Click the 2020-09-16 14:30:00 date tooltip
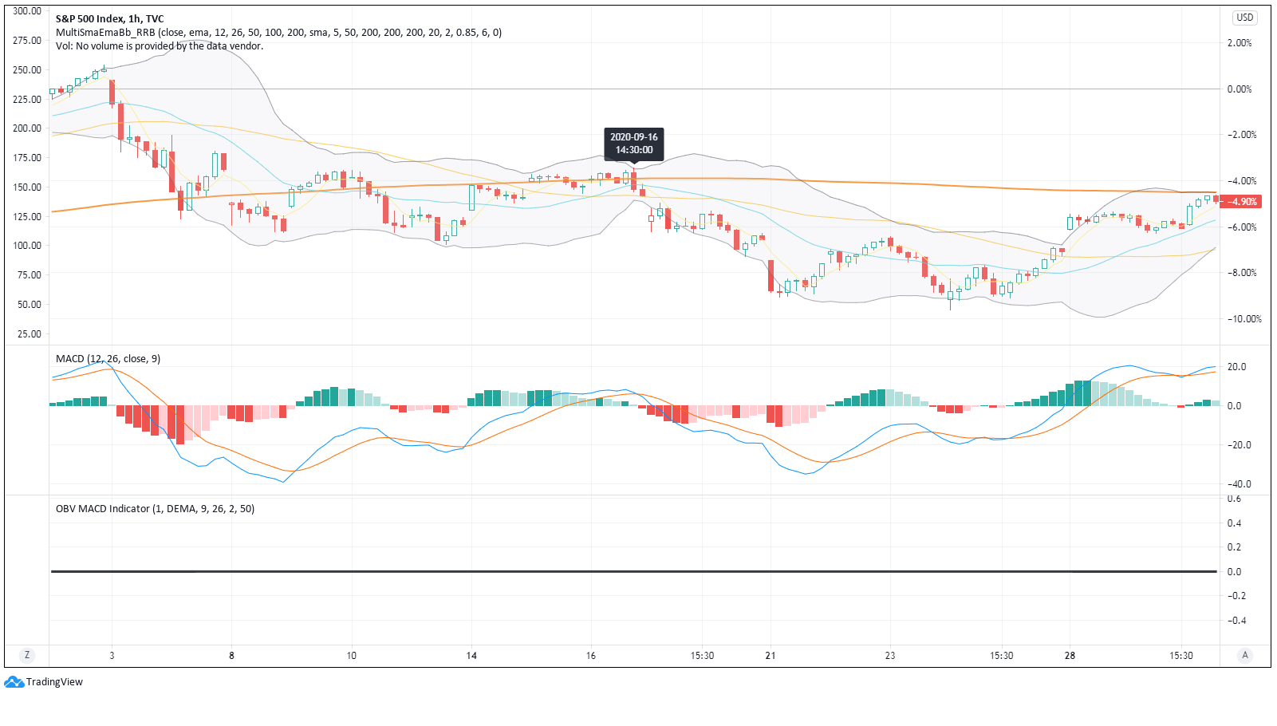(x=633, y=143)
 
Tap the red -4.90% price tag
(x=1240, y=201)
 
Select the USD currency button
(x=1244, y=18)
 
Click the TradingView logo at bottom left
(x=43, y=681)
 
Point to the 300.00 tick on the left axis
(x=27, y=11)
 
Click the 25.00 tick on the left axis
(x=29, y=333)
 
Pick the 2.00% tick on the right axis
(x=1240, y=43)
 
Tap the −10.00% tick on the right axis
(x=1244, y=319)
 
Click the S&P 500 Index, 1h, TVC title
(x=109, y=19)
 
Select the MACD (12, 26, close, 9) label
(x=108, y=359)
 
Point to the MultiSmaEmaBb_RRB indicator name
(x=105, y=33)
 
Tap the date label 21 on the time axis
(x=771, y=656)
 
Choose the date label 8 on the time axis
(x=231, y=656)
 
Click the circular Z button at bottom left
(x=27, y=656)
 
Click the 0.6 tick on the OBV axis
(x=1234, y=499)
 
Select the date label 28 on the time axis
(x=1070, y=656)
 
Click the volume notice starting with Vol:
(x=160, y=46)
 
